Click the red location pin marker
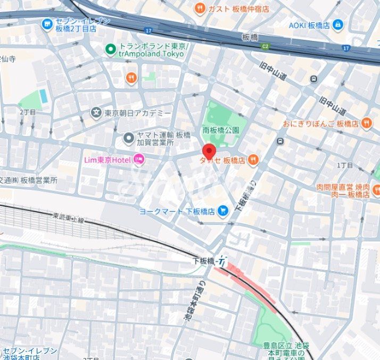(x=209, y=150)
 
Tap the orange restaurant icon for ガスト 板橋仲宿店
(x=200, y=8)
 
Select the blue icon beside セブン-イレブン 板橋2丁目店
(x=47, y=24)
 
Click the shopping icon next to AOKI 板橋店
(x=338, y=24)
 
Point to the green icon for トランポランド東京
(x=110, y=50)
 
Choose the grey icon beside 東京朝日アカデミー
(x=95, y=112)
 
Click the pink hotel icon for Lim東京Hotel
(x=138, y=158)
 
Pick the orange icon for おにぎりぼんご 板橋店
(x=366, y=123)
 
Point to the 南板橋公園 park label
(x=221, y=130)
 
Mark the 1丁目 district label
(x=345, y=165)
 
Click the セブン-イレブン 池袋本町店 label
(x=30, y=354)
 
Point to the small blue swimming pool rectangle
(x=43, y=96)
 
